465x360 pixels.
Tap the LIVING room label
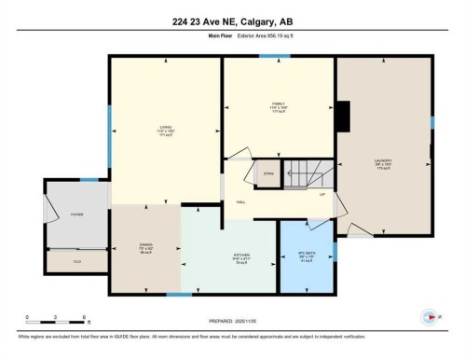[x=166, y=131]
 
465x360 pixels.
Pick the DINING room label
[x=145, y=250]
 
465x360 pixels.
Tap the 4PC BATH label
[x=306, y=256]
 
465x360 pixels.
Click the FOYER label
[x=76, y=215]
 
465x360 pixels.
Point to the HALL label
[x=239, y=202]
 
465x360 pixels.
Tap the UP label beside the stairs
[x=322, y=194]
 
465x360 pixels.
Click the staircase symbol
[x=307, y=173]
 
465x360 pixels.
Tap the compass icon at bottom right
[x=430, y=315]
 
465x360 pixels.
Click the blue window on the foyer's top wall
[x=89, y=179]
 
